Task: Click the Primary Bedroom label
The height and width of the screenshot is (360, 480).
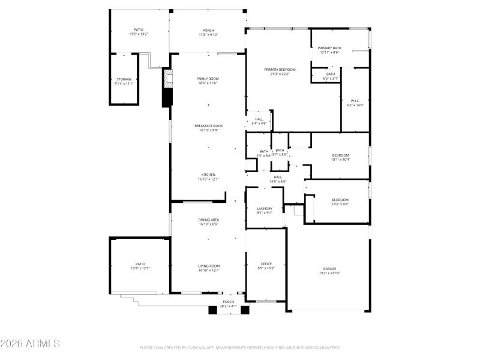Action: point(280,70)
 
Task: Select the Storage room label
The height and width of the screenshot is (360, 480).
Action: point(124,79)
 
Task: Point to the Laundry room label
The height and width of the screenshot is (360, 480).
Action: point(265,208)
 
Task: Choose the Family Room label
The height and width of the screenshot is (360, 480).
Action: point(208,79)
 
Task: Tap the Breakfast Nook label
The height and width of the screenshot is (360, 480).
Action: point(208,126)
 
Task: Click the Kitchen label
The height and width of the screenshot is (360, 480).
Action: point(208,175)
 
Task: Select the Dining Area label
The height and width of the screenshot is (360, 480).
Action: point(208,220)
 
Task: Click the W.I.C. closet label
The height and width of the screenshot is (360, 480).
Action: point(355,100)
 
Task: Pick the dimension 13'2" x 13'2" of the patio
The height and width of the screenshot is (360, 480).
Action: point(139,34)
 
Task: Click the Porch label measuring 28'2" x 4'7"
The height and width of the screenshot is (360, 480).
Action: point(229,302)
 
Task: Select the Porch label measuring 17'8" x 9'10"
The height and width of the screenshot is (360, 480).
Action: point(208,30)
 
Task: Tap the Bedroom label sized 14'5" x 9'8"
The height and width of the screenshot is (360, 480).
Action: point(340,200)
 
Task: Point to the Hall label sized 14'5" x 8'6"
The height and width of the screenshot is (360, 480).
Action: point(278,177)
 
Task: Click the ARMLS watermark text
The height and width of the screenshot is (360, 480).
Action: point(30,344)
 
